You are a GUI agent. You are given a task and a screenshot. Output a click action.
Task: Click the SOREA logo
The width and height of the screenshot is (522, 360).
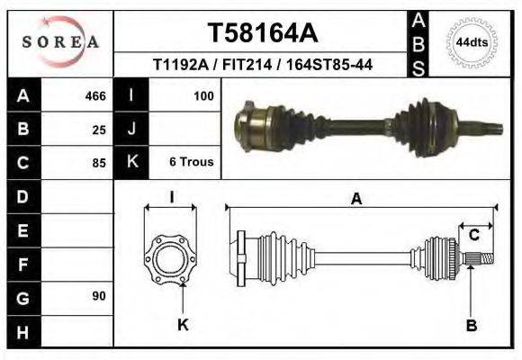click(x=59, y=41)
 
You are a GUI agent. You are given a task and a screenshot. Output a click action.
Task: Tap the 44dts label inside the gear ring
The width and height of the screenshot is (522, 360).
click(x=472, y=42)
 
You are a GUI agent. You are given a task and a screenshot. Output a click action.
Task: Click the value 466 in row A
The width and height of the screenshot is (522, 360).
click(x=95, y=95)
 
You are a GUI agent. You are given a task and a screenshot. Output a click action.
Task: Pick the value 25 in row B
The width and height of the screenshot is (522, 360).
click(x=99, y=129)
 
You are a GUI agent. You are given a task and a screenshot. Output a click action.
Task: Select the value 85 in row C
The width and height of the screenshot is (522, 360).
click(x=99, y=163)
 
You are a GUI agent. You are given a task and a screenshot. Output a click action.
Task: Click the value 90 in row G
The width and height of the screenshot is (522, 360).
click(x=99, y=296)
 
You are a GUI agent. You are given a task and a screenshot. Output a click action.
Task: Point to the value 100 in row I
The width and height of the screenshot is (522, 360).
click(x=203, y=95)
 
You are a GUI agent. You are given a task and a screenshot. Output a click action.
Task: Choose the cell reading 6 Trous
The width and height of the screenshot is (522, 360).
click(x=191, y=162)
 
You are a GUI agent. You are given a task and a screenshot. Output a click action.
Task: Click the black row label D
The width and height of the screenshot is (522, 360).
click(x=22, y=196)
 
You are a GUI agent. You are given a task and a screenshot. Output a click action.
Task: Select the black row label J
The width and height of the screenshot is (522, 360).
click(x=131, y=129)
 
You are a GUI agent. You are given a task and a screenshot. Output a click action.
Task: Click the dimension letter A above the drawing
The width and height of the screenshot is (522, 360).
click(x=356, y=200)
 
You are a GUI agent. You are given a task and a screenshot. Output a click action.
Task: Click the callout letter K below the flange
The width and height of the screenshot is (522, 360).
click(x=183, y=325)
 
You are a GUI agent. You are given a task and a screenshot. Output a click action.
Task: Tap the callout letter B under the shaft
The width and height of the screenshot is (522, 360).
click(x=471, y=325)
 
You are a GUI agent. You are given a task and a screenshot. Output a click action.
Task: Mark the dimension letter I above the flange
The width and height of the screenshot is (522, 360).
click(x=171, y=197)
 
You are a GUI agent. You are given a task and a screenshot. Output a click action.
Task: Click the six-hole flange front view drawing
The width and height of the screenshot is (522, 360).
click(x=171, y=259)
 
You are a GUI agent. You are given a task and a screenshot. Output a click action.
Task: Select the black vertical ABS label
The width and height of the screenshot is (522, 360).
click(x=418, y=42)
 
